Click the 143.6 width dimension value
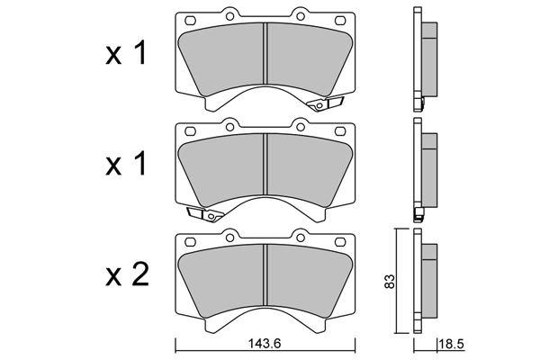(x=265, y=344)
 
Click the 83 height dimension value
(x=389, y=282)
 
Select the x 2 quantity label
(x=127, y=274)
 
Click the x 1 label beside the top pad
(x=126, y=53)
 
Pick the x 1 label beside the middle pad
(x=126, y=164)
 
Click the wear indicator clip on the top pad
(x=325, y=103)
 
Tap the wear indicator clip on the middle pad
(x=205, y=214)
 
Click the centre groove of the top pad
(x=265, y=53)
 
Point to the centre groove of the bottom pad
(x=265, y=274)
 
